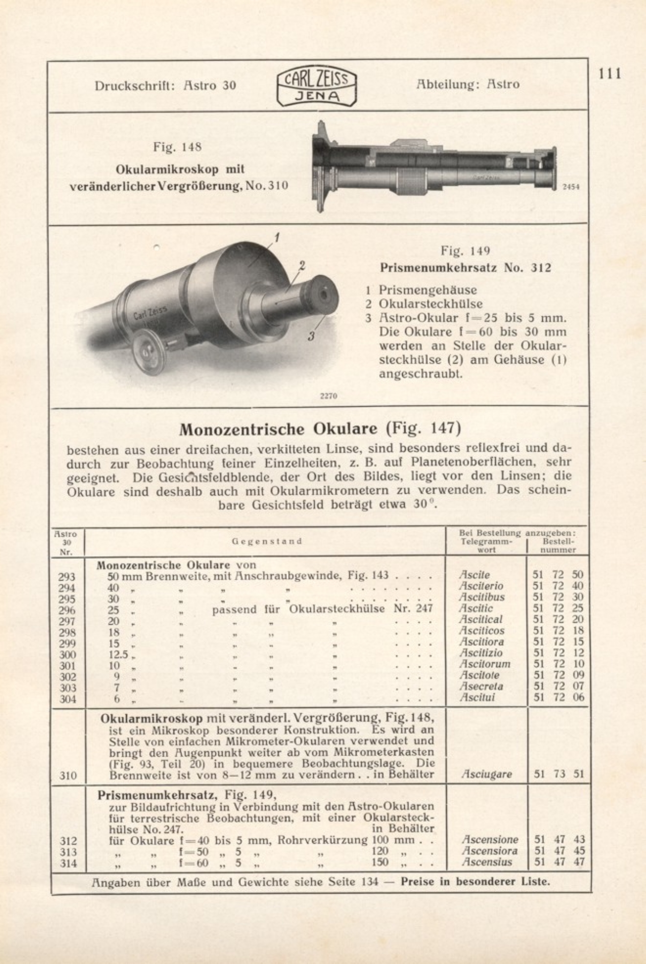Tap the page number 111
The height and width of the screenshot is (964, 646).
point(610,74)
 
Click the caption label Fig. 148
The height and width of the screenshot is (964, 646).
point(177,147)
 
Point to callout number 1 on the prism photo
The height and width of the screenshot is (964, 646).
point(277,238)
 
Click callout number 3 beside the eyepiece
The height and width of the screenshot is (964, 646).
point(311,336)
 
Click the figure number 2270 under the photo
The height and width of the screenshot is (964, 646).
point(328,396)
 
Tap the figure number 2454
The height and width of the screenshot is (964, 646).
point(571,187)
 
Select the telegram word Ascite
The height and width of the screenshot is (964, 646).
point(474,575)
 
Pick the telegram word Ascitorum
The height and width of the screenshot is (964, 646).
point(484,664)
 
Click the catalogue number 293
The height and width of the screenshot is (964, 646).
point(67,577)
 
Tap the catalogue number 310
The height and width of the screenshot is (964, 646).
point(68,775)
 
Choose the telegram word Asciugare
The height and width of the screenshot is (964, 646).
point(486,774)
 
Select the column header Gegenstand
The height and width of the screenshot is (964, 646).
point(267,541)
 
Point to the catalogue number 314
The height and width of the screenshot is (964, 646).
point(69,863)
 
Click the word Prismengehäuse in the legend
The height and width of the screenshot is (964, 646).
point(427,290)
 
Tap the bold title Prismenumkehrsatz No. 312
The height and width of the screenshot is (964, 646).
point(465,268)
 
